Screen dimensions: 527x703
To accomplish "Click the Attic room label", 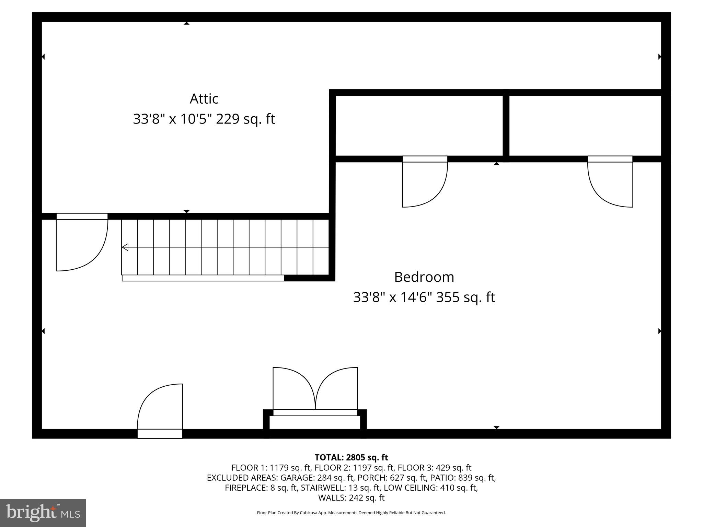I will tap(204, 99).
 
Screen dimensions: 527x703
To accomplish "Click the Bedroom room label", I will tap(424, 277).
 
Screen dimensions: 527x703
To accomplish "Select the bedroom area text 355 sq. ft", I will tap(465, 297).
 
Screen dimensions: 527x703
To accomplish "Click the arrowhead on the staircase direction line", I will tap(125, 247).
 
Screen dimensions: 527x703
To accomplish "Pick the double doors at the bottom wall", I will tap(315, 389).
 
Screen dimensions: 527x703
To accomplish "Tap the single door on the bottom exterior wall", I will tap(160, 408).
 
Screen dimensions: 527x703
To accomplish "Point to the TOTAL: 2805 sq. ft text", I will tap(351, 457).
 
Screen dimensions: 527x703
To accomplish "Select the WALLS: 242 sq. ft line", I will tap(351, 498).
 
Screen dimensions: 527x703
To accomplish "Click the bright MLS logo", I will tap(43, 513).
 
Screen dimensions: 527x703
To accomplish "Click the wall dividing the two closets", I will tap(506, 126).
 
